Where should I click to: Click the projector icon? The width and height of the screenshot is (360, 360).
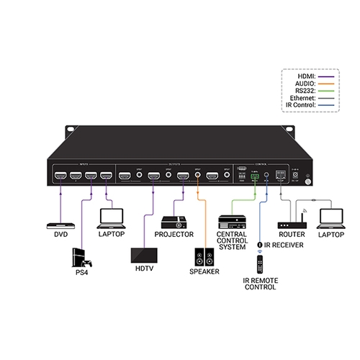[174, 222]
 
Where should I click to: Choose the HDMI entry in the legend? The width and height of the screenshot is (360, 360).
[311, 77]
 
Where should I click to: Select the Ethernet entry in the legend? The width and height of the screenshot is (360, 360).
[308, 99]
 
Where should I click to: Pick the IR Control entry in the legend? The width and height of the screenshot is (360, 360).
[306, 106]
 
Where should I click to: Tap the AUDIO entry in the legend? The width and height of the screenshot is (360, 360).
[310, 84]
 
